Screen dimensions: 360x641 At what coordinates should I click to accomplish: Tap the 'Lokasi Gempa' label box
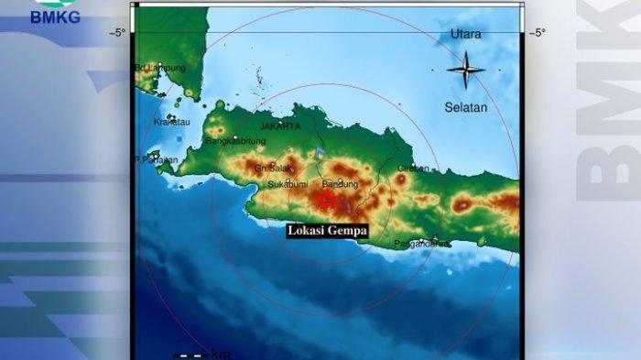(x=327, y=231)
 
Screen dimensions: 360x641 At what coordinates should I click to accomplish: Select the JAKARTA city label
(x=280, y=126)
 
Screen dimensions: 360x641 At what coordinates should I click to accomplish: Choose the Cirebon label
(x=414, y=169)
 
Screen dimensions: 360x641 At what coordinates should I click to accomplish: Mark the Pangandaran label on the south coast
(x=421, y=244)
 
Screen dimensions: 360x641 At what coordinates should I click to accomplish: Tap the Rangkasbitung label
(x=235, y=141)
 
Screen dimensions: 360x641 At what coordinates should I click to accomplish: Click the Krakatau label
(x=170, y=121)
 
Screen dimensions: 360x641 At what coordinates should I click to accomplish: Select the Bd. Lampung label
(x=160, y=68)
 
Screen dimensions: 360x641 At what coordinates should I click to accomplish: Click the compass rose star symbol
(x=466, y=70)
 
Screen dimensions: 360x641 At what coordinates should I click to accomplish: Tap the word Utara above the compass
(x=466, y=35)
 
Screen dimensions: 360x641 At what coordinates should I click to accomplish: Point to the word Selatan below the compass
(x=466, y=107)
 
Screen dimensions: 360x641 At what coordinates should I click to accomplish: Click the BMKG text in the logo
(x=56, y=17)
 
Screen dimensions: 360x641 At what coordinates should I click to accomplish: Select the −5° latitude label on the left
(x=117, y=33)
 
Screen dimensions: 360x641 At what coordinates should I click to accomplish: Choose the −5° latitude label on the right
(x=537, y=33)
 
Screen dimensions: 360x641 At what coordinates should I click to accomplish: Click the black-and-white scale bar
(x=190, y=355)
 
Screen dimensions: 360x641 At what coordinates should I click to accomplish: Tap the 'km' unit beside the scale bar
(x=221, y=354)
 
